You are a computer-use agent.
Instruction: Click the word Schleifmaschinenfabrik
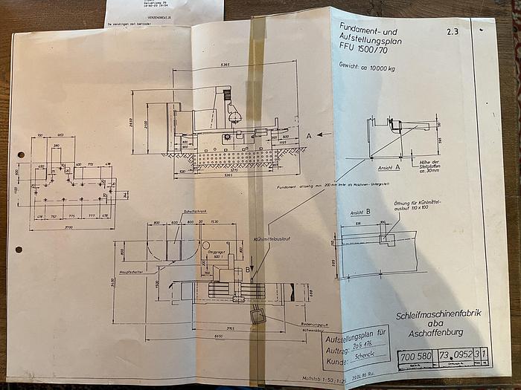[438, 313]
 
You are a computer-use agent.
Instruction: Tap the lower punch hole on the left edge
[19, 249]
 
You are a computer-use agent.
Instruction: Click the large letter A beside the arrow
[308, 135]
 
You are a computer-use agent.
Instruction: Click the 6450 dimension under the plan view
[219, 336]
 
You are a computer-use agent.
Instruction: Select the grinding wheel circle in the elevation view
[234, 117]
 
